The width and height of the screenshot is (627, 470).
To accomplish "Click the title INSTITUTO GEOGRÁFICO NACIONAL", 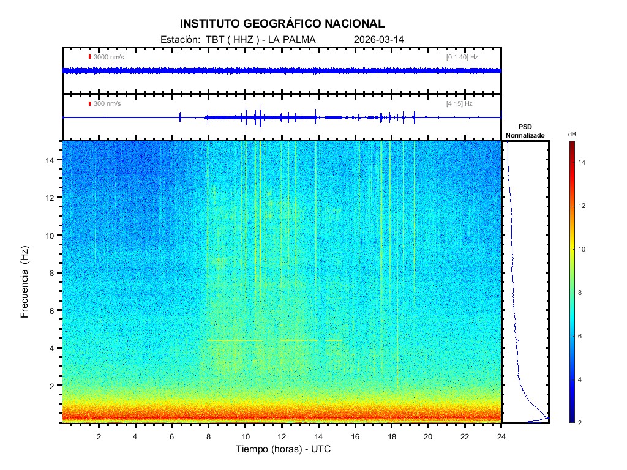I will [282, 24].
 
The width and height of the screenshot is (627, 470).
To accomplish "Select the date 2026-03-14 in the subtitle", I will [379, 40].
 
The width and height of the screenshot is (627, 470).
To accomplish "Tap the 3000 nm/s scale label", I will [108, 57].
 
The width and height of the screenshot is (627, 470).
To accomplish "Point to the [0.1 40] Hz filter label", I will [462, 57].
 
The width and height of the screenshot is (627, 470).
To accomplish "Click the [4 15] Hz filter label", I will [459, 104].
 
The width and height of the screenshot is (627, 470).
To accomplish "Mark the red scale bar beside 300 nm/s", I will [89, 104].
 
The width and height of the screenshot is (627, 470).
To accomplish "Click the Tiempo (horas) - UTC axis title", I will [283, 449].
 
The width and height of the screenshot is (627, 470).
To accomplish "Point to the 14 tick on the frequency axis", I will [51, 160].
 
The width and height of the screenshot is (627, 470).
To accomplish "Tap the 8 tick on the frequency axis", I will [53, 273].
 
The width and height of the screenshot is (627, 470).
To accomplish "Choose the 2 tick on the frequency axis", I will [53, 386].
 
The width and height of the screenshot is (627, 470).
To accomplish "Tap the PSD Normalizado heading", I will [525, 131].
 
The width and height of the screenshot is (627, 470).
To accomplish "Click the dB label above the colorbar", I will [572, 134].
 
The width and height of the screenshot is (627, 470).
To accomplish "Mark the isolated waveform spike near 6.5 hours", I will [180, 117].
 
